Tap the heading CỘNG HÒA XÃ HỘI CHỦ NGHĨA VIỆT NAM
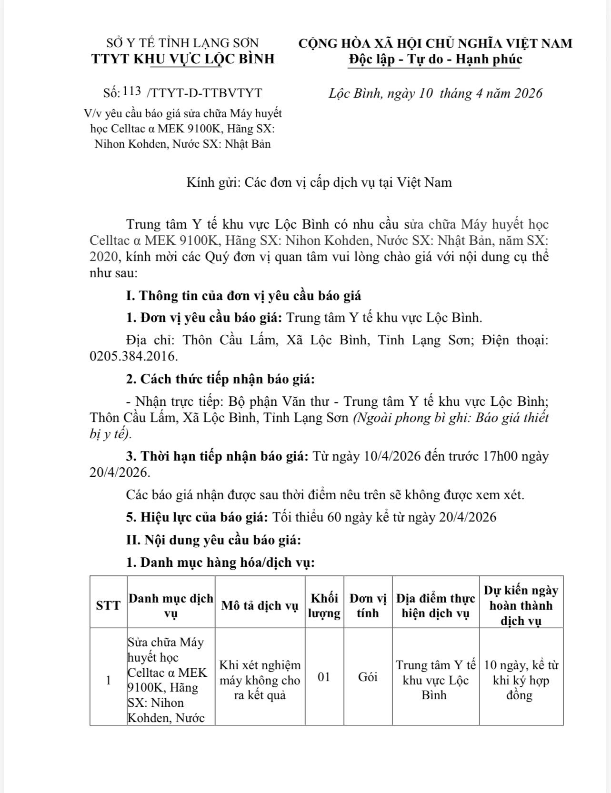coord(435,43)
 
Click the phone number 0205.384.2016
coord(133,356)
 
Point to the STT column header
coord(109,605)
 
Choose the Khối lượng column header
coord(324,605)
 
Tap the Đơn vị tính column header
coord(368,605)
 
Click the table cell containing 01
coord(324,677)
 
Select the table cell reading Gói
coord(368,677)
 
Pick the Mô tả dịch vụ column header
coord(260,605)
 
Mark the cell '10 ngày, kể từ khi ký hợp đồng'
coord(521,680)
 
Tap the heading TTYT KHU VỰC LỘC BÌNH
coord(183,59)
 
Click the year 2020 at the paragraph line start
coord(102,257)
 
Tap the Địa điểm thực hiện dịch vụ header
coord(435,605)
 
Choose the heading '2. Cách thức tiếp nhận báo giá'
coord(220,380)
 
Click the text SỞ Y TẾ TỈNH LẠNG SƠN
coord(183,43)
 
